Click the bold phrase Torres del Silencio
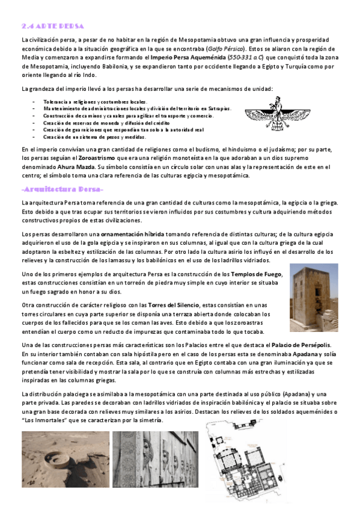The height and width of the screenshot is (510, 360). pos(172,305)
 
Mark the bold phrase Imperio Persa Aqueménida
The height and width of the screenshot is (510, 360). pos(189,57)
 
